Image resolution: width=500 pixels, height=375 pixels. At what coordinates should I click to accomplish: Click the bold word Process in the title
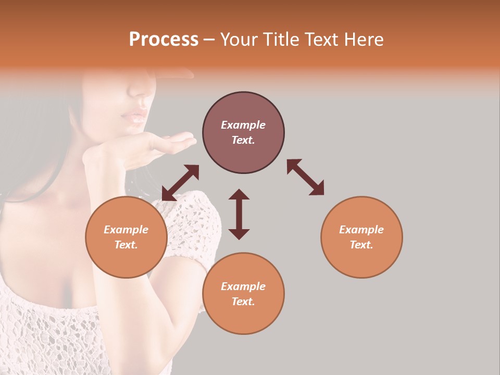[x=164, y=40]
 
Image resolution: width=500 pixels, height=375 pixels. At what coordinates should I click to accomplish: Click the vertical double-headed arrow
[x=239, y=214]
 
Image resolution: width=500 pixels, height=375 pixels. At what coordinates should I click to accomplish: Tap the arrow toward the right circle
[x=305, y=177]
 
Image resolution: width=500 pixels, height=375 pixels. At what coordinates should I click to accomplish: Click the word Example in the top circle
[x=243, y=125]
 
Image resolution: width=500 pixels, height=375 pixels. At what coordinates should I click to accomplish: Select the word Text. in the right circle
[x=361, y=245]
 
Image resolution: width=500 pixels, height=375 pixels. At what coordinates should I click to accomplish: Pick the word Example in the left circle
[x=126, y=230]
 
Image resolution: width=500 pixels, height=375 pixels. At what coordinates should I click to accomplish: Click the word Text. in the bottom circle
[x=243, y=302]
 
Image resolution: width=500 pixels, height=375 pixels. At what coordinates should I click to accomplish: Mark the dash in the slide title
[x=209, y=40]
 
